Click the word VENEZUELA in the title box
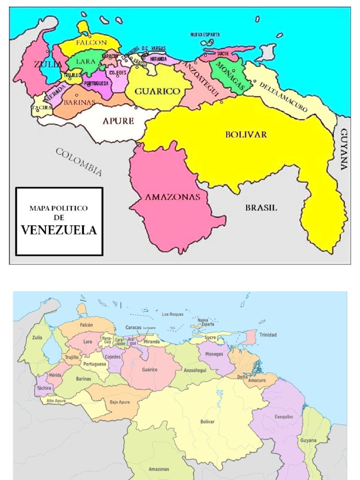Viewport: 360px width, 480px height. coord(59,230)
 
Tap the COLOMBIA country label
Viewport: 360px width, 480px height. coord(79,162)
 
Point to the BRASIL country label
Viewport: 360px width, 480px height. coord(261,208)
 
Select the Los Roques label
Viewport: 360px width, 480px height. coord(172,314)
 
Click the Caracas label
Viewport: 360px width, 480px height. coord(133,327)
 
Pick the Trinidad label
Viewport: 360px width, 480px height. coord(268,335)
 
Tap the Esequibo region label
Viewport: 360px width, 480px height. coord(284,416)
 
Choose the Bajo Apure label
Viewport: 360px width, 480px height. coord(120,402)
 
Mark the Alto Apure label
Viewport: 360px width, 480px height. coord(56,401)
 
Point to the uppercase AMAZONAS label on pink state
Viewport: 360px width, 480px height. coord(172,197)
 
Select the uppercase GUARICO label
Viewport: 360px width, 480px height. coord(157,91)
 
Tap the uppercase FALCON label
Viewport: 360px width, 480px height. coord(91,42)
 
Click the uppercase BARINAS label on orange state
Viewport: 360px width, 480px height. coord(79,102)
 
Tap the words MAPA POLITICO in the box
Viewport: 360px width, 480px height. coord(59,208)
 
